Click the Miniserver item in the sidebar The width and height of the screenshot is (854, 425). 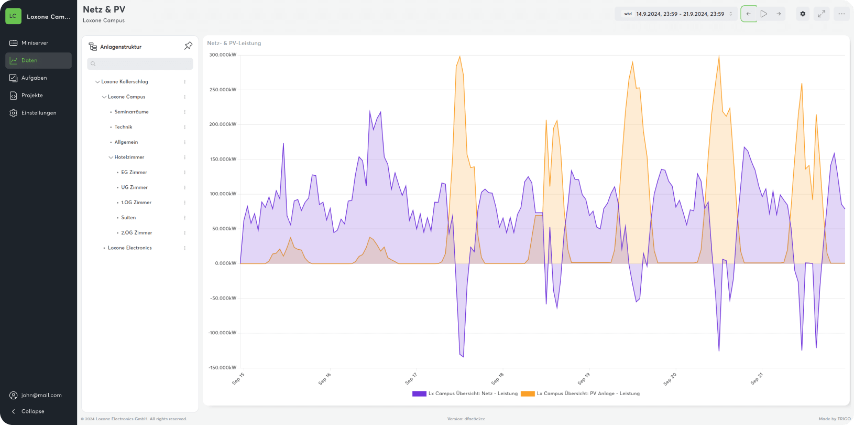[35, 43]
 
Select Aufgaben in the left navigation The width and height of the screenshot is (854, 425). [34, 78]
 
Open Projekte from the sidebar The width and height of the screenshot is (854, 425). [32, 95]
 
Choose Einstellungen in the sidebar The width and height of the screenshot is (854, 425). [38, 113]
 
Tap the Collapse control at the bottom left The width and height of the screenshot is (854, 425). [32, 411]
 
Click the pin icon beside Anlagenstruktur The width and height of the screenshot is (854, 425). [189, 46]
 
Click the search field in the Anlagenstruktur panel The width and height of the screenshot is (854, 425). [140, 63]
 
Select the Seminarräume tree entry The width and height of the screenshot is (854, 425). [132, 112]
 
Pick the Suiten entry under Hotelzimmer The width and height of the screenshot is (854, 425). [128, 217]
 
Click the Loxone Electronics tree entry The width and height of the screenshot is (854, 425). [129, 248]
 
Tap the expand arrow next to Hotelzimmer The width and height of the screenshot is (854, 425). [111, 157]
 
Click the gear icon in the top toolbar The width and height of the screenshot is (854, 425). [803, 14]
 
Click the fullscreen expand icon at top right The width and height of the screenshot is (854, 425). [822, 14]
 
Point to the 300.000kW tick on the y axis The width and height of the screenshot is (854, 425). [223, 55]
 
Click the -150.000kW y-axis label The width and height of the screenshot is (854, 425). [222, 367]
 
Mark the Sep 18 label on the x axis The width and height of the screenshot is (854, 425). [498, 378]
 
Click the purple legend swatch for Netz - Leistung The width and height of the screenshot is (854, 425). [419, 394]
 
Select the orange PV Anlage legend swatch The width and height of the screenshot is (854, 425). [528, 394]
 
